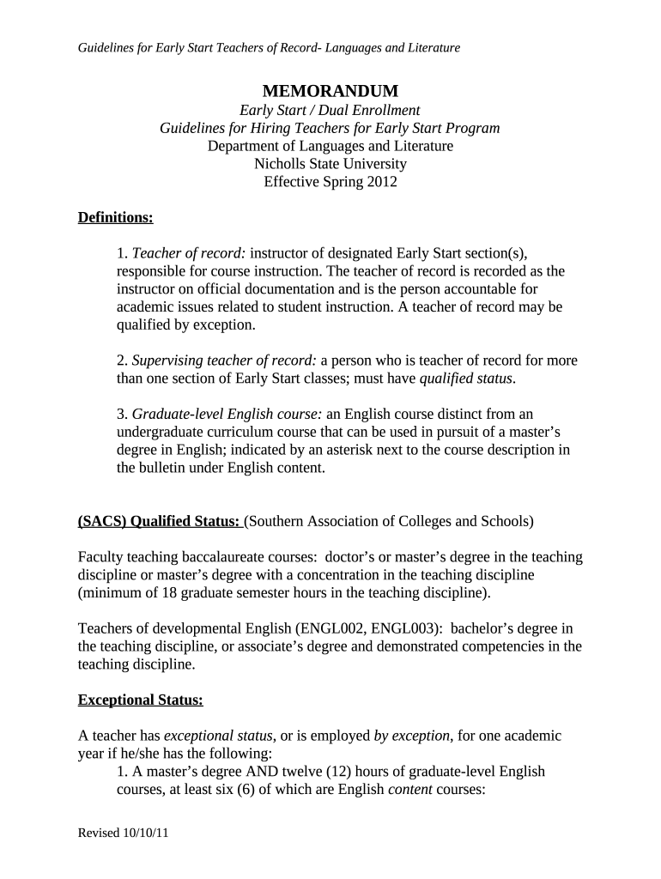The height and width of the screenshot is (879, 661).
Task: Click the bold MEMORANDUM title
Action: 330,91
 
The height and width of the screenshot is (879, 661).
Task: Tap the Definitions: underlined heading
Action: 115,218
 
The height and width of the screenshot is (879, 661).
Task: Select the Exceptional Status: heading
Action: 141,700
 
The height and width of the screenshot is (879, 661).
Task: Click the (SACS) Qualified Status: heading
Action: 161,521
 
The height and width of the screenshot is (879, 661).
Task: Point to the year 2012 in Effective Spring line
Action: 380,182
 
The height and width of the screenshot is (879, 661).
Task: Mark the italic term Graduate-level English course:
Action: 227,414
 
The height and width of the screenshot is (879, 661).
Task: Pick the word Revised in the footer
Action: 99,834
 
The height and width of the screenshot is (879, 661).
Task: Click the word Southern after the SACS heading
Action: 281,521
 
